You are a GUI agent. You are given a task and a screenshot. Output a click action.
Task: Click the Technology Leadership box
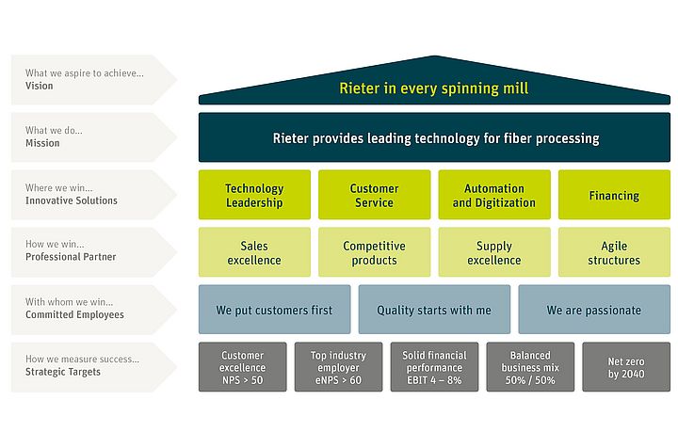(x=254, y=195)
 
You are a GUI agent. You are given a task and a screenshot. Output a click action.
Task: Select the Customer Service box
(x=374, y=195)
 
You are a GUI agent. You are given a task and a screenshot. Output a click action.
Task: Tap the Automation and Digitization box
(x=493, y=195)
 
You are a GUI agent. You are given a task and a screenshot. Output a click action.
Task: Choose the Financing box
(x=614, y=195)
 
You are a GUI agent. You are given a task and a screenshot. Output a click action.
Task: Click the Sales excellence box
(x=254, y=252)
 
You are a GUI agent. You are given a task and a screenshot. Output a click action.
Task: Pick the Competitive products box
(x=374, y=252)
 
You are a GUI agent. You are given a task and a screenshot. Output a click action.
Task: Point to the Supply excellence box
(x=493, y=252)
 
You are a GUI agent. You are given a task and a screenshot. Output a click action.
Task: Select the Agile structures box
(x=614, y=252)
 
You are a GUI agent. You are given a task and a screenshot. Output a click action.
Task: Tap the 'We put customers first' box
(x=274, y=310)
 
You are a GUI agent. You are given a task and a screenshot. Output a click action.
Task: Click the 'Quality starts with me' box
(x=434, y=310)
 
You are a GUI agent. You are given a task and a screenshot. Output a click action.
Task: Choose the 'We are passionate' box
(x=594, y=310)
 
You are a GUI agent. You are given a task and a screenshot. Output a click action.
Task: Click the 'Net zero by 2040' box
(x=626, y=367)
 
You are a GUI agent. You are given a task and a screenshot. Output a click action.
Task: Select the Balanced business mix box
(x=530, y=367)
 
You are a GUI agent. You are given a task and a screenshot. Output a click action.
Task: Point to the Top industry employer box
(x=338, y=367)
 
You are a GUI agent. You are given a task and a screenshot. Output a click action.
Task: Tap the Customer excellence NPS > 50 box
(x=242, y=367)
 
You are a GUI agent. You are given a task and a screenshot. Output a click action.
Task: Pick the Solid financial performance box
(x=434, y=367)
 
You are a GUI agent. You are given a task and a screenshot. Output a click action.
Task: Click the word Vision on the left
(x=40, y=86)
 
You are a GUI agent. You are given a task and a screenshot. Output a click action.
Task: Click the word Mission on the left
(x=42, y=143)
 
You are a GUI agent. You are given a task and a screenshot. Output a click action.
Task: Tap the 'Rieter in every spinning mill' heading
(x=434, y=88)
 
